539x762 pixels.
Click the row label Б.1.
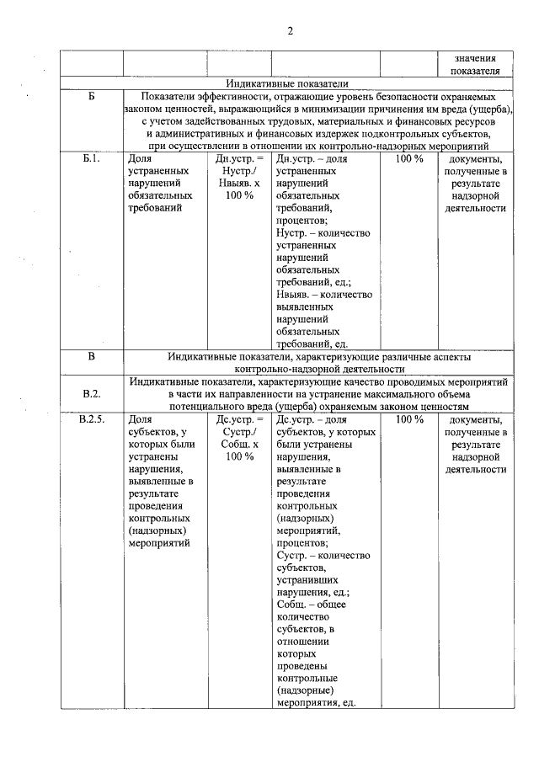click(x=92, y=158)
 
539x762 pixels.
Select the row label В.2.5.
click(x=92, y=418)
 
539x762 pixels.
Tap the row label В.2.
click(x=92, y=393)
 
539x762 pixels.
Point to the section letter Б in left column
click(x=92, y=97)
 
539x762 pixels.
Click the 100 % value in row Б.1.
click(x=408, y=158)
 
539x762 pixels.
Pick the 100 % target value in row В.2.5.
click(x=408, y=418)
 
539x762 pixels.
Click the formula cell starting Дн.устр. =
click(x=239, y=177)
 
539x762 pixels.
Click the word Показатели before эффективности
click(x=167, y=97)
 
